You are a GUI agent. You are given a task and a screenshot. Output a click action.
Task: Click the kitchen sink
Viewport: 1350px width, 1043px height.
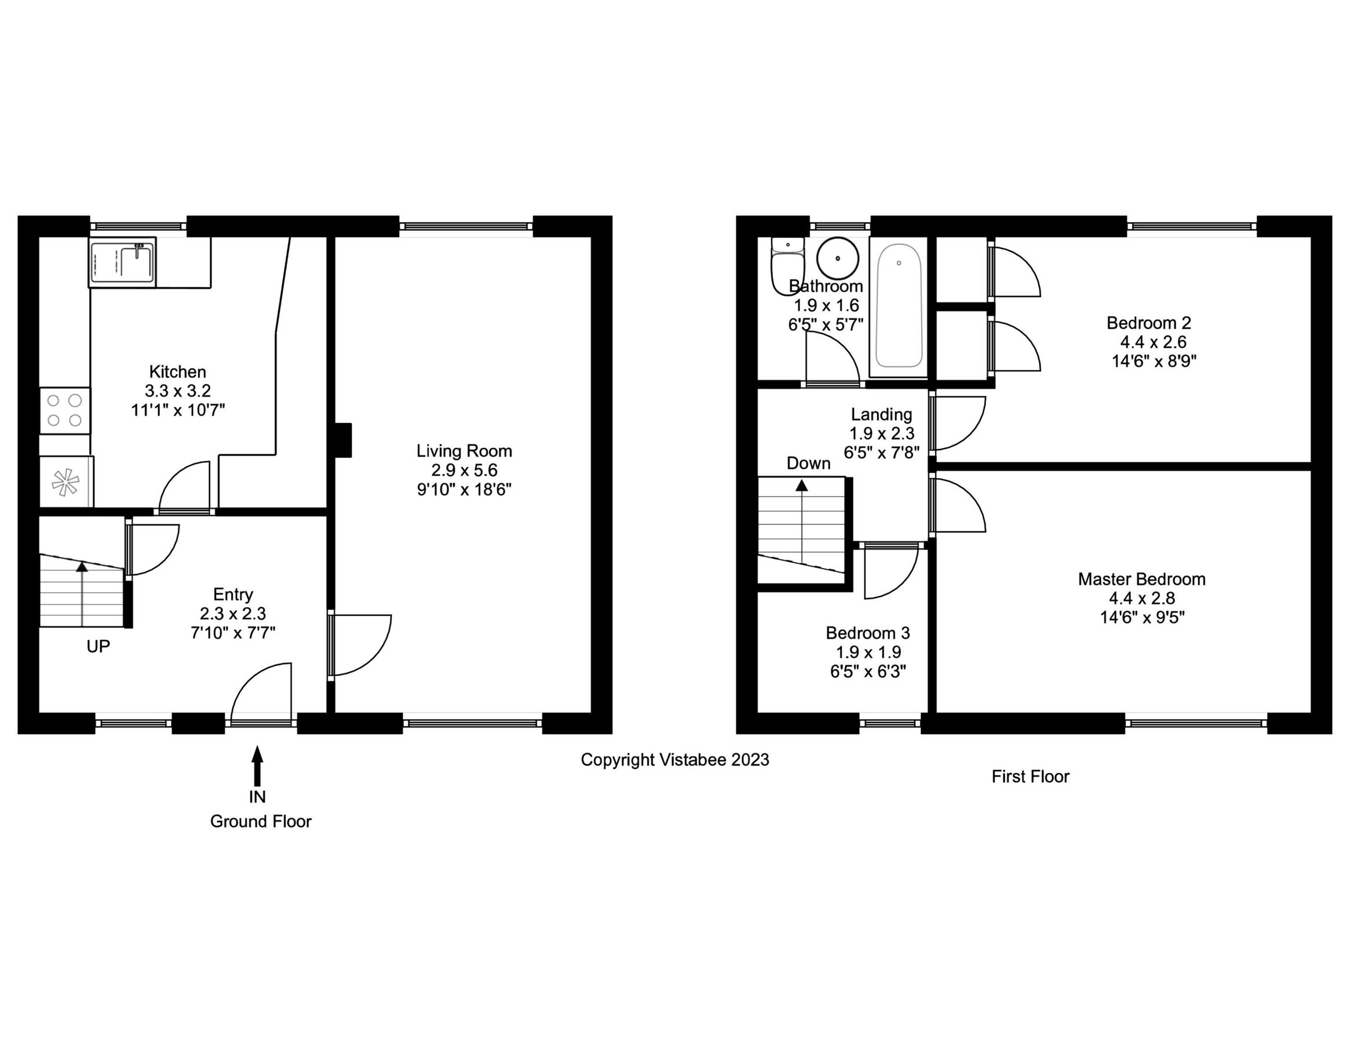[122, 262]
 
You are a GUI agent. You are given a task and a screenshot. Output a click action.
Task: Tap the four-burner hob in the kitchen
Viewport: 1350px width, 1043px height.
[65, 410]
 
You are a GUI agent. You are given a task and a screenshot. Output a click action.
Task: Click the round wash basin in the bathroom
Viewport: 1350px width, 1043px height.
[838, 258]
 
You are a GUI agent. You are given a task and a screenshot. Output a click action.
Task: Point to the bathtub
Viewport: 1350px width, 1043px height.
[898, 306]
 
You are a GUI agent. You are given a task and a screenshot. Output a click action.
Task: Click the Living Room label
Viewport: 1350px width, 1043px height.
[464, 451]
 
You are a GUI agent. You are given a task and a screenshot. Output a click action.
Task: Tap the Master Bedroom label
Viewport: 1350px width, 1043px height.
[1141, 579]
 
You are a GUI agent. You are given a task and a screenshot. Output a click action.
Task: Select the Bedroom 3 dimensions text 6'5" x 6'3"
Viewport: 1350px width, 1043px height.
[868, 672]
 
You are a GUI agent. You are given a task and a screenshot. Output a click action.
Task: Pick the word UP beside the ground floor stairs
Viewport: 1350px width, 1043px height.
[98, 647]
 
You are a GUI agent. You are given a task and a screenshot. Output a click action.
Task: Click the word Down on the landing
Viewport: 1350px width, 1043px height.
[808, 464]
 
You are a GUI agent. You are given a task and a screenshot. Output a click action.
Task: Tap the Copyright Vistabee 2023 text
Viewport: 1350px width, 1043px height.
[674, 760]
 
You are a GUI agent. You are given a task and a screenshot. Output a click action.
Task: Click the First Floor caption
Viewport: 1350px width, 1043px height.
[1030, 776]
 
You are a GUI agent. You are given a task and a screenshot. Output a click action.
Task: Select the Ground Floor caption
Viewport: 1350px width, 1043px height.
[260, 822]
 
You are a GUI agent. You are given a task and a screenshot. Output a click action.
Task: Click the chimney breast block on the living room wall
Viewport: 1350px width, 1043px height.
[343, 440]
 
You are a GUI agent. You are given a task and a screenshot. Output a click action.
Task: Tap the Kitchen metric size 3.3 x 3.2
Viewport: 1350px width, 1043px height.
[177, 391]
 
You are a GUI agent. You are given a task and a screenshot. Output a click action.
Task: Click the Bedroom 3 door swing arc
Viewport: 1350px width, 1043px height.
[890, 572]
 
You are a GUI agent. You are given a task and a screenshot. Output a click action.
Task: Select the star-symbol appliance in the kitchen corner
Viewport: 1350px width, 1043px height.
[65, 482]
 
